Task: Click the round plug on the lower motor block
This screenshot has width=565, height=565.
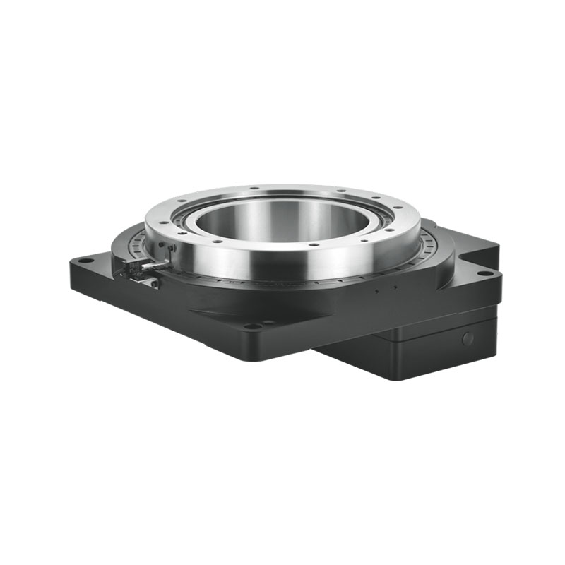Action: [x=467, y=338]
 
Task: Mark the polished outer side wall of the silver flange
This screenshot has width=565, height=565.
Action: [x=282, y=265]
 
